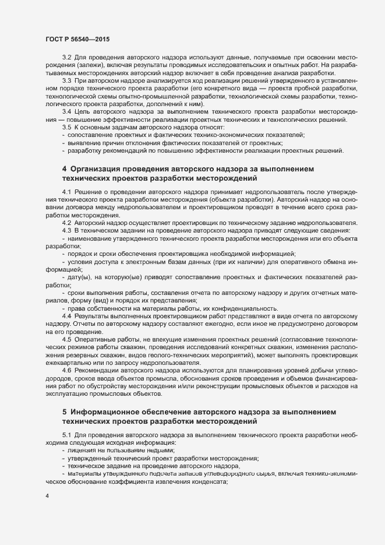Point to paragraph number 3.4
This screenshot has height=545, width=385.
pos(66,111)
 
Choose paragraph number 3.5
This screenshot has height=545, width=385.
pos(66,127)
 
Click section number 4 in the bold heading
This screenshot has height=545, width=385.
pos(65,168)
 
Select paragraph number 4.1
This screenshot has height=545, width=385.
pos(66,192)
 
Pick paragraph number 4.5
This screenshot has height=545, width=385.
pos(66,339)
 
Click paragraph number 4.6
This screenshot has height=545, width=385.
pos(66,371)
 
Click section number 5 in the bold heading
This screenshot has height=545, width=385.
pos(65,410)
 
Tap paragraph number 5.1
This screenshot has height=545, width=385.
pos(66,435)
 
